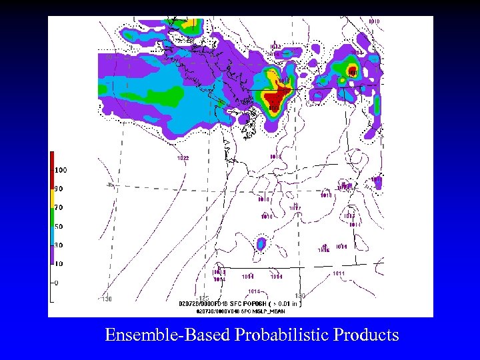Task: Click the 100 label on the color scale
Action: pyautogui.click(x=61, y=170)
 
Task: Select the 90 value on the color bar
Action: pyautogui.click(x=59, y=189)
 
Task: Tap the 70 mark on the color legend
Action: pyautogui.click(x=59, y=207)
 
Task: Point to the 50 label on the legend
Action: pyautogui.click(x=59, y=227)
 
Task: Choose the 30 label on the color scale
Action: pyautogui.click(x=59, y=245)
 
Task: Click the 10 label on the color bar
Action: pyautogui.click(x=59, y=264)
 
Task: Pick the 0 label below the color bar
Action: pyautogui.click(x=57, y=283)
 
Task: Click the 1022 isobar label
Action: pyautogui.click(x=183, y=158)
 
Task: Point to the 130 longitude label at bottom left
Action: pyautogui.click(x=107, y=299)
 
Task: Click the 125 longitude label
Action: pyautogui.click(x=204, y=298)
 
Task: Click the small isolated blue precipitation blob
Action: pyautogui.click(x=262, y=243)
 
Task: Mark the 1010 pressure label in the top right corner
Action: pyautogui.click(x=374, y=21)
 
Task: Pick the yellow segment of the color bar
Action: pyautogui.click(x=52, y=197)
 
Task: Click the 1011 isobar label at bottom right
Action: pyautogui.click(x=339, y=273)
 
